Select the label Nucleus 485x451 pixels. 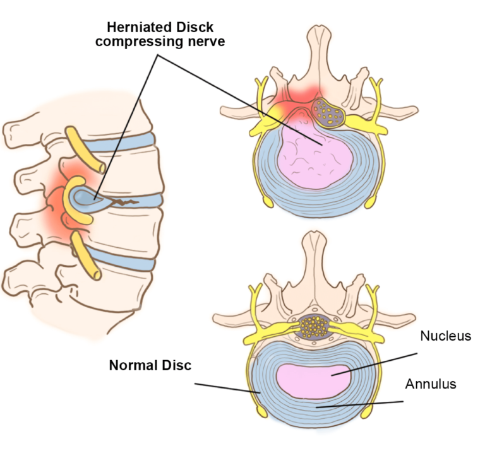pos(446,336)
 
